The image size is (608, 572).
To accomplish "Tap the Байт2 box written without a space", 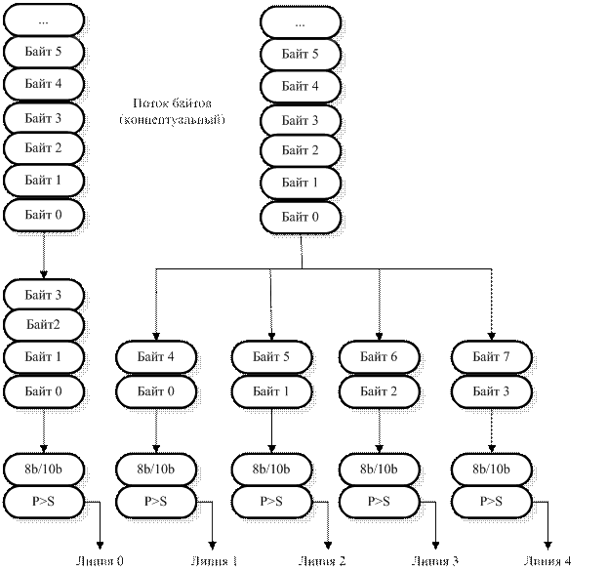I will point(44,325).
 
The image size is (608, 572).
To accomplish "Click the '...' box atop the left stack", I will point(44,20).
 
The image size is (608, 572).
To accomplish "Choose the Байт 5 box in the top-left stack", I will point(44,51).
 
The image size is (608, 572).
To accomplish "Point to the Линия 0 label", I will point(101,561).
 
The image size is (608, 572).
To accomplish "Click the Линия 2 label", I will point(322,561).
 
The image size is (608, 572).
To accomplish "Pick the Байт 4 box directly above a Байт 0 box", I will point(156,358).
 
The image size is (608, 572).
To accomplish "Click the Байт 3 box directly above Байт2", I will point(44,294).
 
